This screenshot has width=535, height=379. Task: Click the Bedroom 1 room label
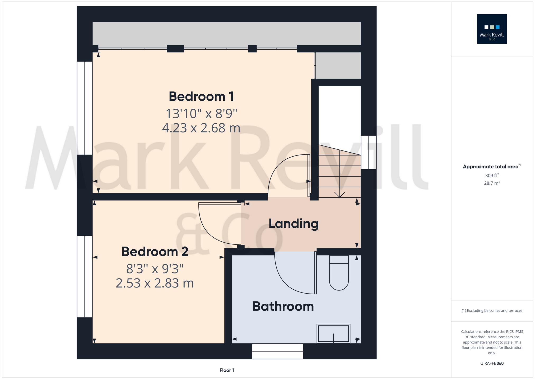click(201, 97)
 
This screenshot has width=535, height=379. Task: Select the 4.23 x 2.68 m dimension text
click(201, 128)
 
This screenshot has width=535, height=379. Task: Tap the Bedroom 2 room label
click(155, 252)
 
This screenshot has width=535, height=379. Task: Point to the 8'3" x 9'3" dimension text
click(155, 269)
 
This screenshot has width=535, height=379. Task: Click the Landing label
click(294, 224)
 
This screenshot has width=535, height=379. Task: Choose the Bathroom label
click(283, 306)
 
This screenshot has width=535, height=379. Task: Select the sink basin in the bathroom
click(333, 334)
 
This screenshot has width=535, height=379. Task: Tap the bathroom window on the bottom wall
click(277, 351)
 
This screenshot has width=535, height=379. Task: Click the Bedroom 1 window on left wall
click(85, 108)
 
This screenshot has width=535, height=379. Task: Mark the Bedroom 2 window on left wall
click(85, 276)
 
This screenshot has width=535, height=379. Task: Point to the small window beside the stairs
click(369, 152)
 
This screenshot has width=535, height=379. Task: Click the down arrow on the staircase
click(339, 194)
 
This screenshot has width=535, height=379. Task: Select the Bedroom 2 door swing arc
click(211, 233)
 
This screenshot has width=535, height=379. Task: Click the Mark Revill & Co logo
click(492, 29)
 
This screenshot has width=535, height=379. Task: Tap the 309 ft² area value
click(492, 175)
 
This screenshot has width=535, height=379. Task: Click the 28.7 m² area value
click(492, 183)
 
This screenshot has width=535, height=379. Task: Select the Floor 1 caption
click(227, 370)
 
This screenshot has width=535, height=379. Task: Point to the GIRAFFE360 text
click(492, 363)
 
